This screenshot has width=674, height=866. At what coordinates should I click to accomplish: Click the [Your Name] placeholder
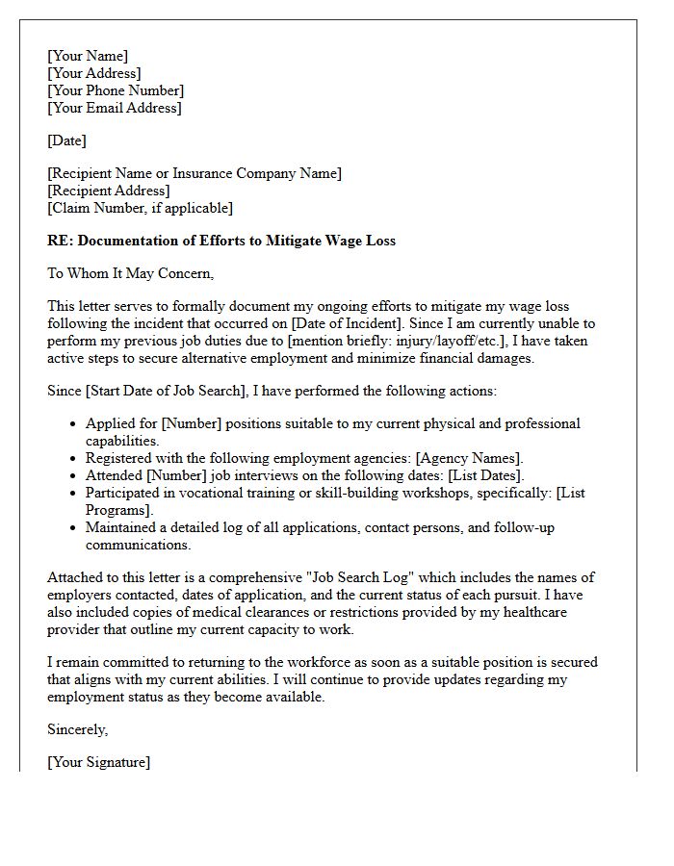(88, 57)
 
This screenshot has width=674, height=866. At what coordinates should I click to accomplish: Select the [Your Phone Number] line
(116, 90)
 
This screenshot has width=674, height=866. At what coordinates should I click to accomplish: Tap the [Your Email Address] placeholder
(114, 108)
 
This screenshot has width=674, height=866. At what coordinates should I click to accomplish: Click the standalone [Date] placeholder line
(66, 140)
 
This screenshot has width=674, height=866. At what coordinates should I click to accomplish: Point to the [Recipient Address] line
(108, 191)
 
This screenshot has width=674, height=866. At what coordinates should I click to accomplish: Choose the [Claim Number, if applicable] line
(140, 208)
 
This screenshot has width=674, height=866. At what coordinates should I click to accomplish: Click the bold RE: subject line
(221, 241)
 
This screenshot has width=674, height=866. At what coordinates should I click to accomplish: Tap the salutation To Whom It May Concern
(130, 273)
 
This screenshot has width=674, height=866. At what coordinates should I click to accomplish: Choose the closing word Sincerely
(78, 729)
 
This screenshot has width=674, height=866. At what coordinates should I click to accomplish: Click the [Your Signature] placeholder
(98, 762)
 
